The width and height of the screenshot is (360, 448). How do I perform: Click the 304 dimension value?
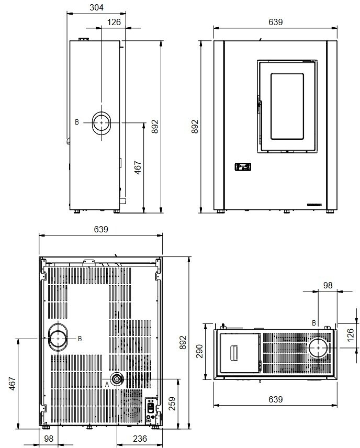tap(96, 7)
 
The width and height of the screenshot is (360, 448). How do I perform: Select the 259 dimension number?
tap(172, 404)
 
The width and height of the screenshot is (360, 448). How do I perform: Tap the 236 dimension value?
tap(140, 438)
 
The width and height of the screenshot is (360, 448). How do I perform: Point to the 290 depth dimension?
tap(199, 351)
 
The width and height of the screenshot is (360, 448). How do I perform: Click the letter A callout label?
tap(107, 384)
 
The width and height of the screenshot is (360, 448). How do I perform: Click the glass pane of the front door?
tap(287, 106)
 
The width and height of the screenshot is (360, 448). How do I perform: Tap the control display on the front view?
tap(243, 166)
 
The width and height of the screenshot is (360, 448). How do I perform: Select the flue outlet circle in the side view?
tap(101, 122)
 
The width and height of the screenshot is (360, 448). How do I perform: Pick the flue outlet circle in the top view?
tap(318, 348)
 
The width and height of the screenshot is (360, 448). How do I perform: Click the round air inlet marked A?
tap(117, 379)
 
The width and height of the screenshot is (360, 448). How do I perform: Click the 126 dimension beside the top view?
tap(351, 334)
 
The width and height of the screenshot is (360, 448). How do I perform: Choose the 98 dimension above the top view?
tap(328, 285)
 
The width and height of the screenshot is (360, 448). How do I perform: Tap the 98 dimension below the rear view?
tap(49, 438)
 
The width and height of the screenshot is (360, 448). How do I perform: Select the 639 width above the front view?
tap(275, 22)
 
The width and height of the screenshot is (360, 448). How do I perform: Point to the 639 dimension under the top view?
tap(275, 399)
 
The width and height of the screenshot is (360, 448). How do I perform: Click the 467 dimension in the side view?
tap(138, 167)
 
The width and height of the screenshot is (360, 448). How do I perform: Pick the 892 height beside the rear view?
tap(183, 342)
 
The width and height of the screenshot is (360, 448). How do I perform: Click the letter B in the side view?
tap(77, 122)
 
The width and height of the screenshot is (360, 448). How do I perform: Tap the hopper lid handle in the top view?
tap(234, 353)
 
